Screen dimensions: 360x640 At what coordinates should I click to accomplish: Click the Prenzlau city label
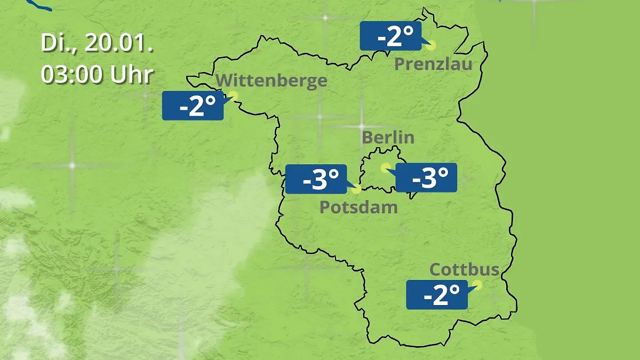coord(433,65)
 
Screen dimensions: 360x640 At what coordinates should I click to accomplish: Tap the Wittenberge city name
coord(272,81)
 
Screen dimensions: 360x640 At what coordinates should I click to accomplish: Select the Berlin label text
coord(388,137)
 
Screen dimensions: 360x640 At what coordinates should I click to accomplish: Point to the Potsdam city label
coord(358,207)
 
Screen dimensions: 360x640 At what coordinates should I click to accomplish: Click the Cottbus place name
coord(464,269)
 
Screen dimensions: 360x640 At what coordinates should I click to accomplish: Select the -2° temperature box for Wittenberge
coord(193,106)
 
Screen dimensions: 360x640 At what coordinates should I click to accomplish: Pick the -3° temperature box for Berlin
coord(426,178)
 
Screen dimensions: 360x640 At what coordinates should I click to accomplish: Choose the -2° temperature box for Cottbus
coord(437,294)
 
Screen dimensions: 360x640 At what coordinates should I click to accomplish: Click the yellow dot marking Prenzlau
coord(431,45)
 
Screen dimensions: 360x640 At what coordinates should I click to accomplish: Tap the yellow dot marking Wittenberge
coord(233,95)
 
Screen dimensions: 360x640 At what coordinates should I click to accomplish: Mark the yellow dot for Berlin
coord(385,167)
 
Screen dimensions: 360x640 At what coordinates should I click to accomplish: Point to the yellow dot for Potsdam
coord(356,188)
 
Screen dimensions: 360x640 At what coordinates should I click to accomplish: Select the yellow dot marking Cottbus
coord(477,285)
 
